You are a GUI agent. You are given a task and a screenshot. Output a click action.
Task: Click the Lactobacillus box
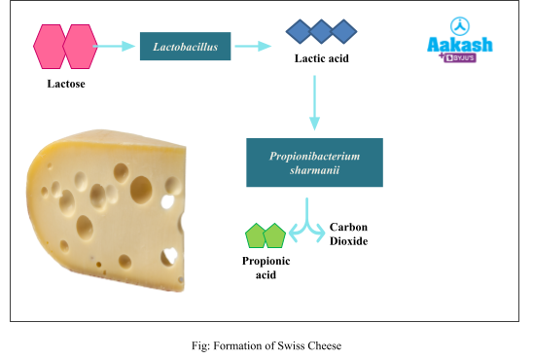185,46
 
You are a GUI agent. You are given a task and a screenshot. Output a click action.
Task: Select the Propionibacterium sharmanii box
314,162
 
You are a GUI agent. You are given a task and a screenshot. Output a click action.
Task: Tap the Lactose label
66,83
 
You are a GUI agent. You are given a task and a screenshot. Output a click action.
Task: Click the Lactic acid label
322,58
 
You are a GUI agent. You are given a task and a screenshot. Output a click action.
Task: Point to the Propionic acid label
266,268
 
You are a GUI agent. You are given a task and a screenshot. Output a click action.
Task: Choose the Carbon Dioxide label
348,234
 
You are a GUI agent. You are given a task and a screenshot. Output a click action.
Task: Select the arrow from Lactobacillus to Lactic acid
253,46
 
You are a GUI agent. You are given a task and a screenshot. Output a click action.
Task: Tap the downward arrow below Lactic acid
314,102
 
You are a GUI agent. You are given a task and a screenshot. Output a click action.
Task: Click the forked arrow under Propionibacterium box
307,221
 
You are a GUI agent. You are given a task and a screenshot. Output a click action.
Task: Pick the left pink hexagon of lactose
51,47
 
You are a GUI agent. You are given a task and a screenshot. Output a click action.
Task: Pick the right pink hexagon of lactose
80,47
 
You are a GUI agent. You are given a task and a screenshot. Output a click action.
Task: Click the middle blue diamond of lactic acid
321,32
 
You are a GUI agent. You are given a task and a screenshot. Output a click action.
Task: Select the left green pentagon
255,235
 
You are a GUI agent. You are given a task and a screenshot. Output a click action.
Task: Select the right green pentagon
275,235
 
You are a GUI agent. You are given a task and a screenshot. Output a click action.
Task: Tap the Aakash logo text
460,45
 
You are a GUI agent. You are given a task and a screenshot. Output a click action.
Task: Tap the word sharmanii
314,171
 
